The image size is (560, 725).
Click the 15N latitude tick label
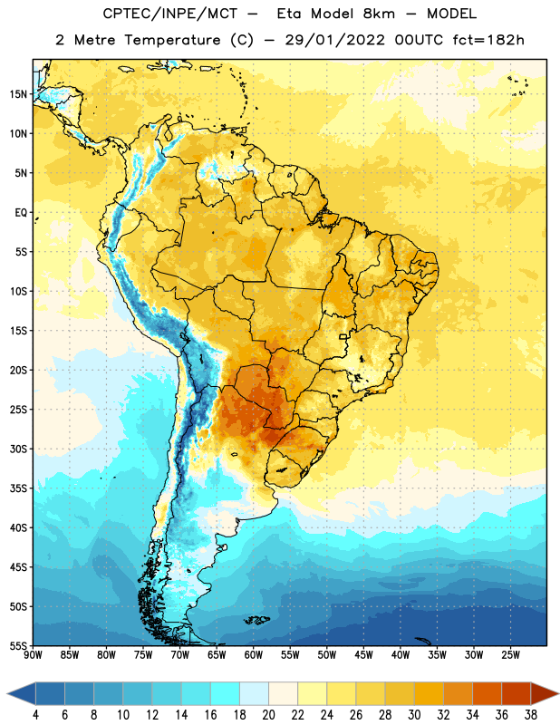pos(18,94)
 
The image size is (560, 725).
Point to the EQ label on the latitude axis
pos(21,213)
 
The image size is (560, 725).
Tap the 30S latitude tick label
pos(18,449)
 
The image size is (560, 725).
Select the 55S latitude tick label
pos(18,645)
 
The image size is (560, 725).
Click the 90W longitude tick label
pos(33,655)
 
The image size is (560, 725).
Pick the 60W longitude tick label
pos(254,655)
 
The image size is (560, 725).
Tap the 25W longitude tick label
pos(510,655)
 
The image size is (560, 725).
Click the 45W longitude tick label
pos(363,655)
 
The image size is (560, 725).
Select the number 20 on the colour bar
pos(268,715)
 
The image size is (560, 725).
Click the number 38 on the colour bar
pos(531,715)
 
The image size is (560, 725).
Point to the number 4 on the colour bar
pos(35,715)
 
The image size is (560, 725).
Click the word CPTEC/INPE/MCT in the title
pos(170,14)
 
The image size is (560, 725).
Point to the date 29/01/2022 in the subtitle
pos(334,40)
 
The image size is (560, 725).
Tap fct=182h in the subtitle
pos(488,40)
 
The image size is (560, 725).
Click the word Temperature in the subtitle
pos(172,41)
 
